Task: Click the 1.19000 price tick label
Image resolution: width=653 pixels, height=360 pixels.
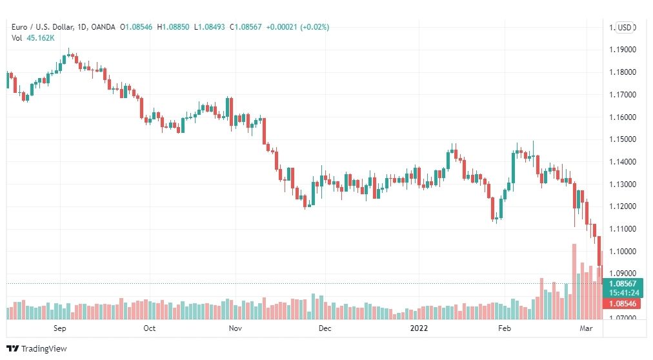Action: coord(623,50)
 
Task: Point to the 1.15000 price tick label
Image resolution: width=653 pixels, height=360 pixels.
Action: coord(623,139)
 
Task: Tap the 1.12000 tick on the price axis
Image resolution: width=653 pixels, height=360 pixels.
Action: coord(623,206)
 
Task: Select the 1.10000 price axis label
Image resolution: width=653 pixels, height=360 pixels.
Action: coord(623,252)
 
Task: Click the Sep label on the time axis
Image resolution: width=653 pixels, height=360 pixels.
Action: coord(59,328)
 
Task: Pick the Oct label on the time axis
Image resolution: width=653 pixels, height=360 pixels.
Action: coord(149,328)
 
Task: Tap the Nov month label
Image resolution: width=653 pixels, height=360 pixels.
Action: coord(236,328)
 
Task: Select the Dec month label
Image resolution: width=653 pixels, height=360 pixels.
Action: coord(325,328)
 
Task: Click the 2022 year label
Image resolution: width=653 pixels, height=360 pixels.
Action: coord(419,328)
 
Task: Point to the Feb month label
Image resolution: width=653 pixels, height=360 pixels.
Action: coord(505,328)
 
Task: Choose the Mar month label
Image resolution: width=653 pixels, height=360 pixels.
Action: coord(586,328)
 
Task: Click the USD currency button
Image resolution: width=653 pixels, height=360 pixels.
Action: coord(624,28)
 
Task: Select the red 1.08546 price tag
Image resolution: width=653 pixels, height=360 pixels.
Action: coord(623,303)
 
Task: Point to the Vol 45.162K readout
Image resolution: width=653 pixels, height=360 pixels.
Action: coord(33,38)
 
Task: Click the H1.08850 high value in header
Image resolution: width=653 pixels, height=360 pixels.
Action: coord(173,27)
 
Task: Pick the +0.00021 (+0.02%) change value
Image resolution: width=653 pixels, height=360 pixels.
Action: coord(297,27)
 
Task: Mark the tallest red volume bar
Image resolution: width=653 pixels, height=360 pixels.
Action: coord(574,281)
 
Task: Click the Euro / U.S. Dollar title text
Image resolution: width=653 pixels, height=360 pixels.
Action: coord(43,27)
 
